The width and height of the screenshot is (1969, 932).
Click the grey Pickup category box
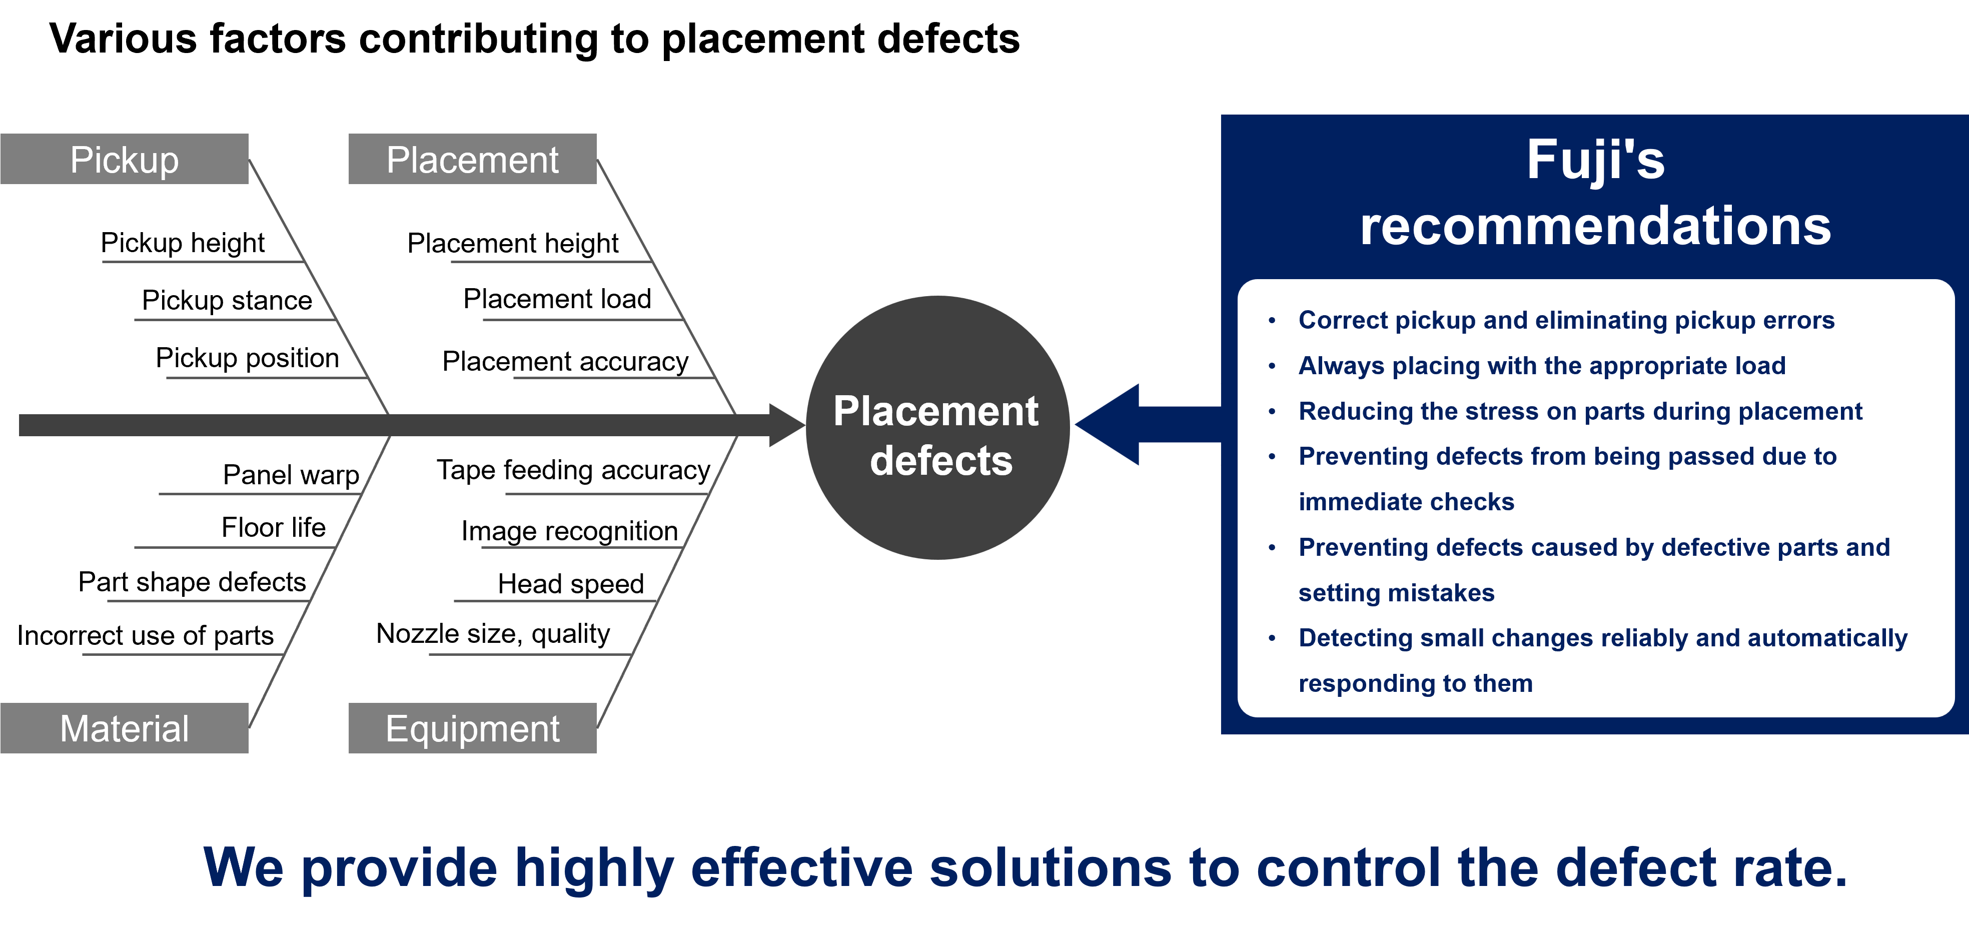[125, 159]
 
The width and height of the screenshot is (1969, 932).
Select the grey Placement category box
[472, 159]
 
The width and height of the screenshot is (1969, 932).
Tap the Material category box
[125, 728]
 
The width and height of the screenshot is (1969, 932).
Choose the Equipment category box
[472, 728]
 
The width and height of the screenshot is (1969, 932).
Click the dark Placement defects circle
[938, 427]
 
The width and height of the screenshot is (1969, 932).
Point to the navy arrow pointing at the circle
[1148, 424]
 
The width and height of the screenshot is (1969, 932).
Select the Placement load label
[557, 298]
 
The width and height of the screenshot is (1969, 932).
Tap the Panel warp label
[291, 475]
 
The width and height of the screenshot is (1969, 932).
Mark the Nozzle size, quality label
[493, 634]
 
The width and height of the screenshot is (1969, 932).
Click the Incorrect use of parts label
[145, 635]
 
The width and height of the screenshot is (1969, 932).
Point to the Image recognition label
[569, 531]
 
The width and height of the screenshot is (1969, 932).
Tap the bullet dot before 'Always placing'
[1272, 366]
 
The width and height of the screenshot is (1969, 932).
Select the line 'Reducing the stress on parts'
[1580, 411]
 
